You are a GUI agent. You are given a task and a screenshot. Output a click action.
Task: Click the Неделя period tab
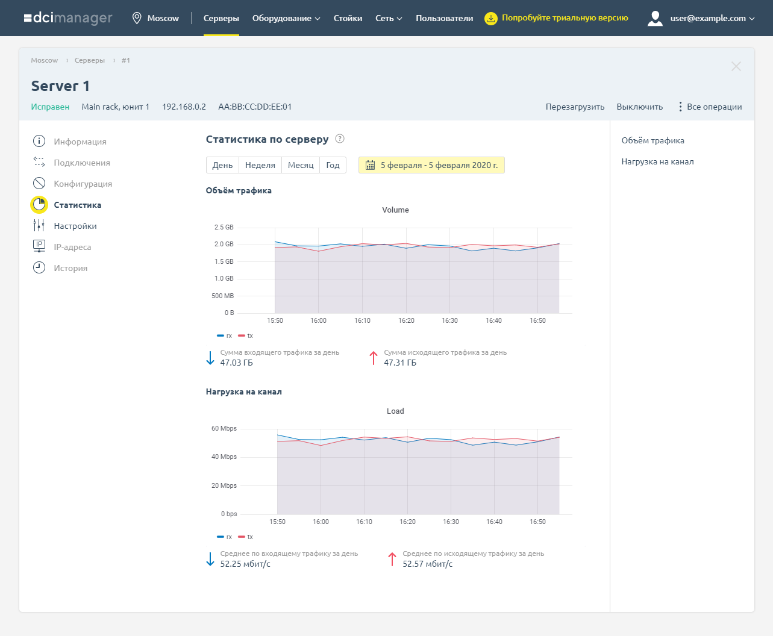coord(260,165)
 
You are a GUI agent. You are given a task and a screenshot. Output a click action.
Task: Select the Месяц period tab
coord(301,165)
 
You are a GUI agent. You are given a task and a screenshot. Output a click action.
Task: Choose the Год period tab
coord(333,165)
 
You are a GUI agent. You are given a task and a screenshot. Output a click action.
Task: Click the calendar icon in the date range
coord(371,165)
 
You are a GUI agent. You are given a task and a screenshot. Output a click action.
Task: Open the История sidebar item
coord(70,268)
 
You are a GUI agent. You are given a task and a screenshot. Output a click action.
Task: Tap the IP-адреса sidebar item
coord(72,247)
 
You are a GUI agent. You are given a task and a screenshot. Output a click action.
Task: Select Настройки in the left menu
coord(75,226)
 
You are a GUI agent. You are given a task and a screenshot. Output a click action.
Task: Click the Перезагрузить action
coord(575,107)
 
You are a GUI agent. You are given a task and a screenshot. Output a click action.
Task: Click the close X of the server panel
coord(736,66)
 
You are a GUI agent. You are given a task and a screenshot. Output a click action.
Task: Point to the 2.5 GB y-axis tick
coord(224,227)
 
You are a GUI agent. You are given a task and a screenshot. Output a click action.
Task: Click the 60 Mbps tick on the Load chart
coord(224,428)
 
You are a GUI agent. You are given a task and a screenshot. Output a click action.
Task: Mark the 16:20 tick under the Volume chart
coord(406,320)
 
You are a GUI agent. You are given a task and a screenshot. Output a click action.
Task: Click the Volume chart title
coord(395,210)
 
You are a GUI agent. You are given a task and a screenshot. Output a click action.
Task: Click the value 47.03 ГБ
coord(236,363)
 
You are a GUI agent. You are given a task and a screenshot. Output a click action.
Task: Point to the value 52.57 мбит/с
coord(427,564)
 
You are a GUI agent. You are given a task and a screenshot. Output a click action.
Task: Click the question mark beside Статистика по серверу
coord(340,139)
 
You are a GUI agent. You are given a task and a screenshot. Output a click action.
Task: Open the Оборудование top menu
coord(286,18)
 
